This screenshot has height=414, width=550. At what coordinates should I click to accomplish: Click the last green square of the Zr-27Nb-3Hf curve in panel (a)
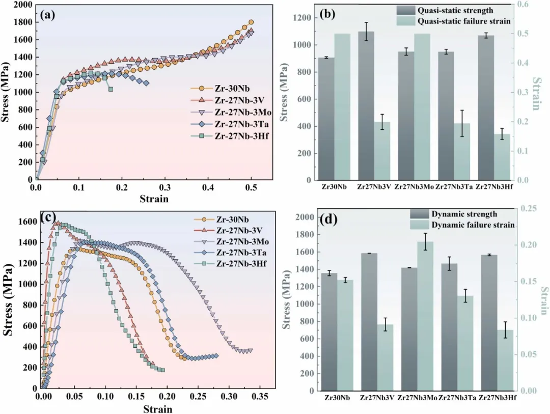point(111,89)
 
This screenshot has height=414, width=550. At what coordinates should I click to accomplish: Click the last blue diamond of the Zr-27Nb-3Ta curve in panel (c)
point(216,356)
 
